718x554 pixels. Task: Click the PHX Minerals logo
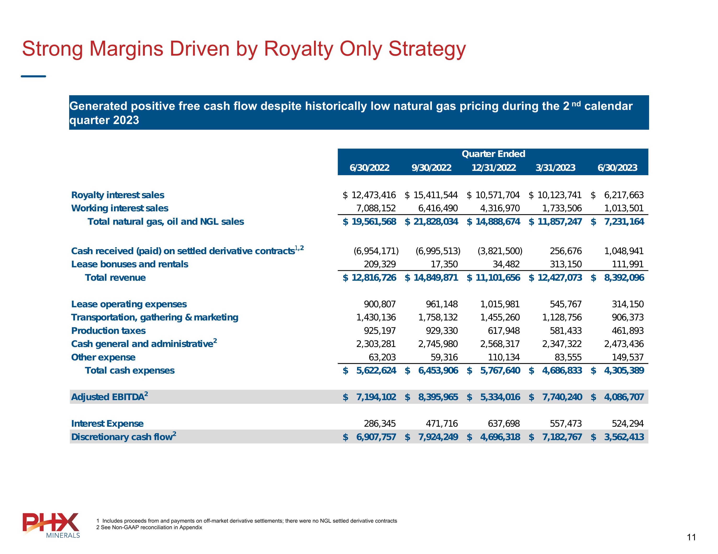(51, 525)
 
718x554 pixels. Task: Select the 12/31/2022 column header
(494, 168)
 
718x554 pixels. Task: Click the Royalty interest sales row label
(118, 195)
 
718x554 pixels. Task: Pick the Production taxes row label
(108, 330)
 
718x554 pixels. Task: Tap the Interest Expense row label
(107, 424)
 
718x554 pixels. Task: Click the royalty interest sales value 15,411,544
(435, 195)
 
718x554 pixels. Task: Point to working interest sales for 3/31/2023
(562, 208)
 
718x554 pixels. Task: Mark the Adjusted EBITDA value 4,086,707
(624, 397)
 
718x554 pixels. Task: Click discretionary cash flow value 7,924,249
(438, 437)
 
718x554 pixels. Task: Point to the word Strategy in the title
(427, 49)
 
